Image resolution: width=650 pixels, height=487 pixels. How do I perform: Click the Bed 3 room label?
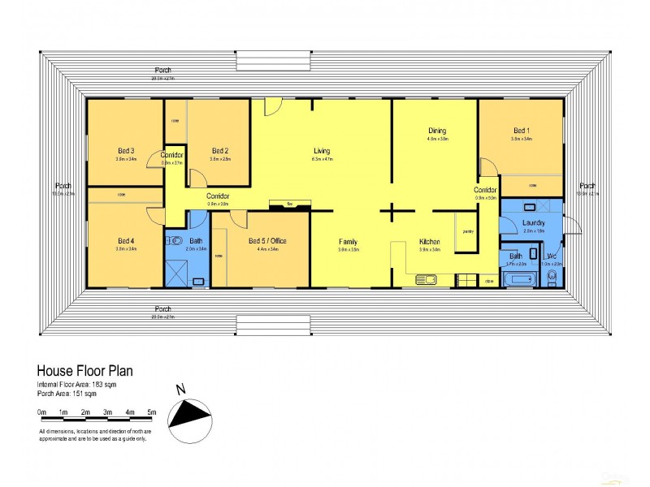tap(125, 150)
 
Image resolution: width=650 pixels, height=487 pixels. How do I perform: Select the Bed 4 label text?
tap(125, 240)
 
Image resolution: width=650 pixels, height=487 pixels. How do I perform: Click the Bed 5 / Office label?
tap(267, 241)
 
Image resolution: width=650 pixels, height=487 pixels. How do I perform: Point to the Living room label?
tap(322, 151)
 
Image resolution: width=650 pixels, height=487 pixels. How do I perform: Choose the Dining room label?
tap(437, 131)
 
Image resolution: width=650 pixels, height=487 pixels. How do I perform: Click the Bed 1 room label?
tap(521, 131)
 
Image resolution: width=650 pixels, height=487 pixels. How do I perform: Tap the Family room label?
tap(348, 242)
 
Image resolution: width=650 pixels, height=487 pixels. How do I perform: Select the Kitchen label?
tap(429, 242)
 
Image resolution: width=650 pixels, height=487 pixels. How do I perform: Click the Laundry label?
tap(533, 222)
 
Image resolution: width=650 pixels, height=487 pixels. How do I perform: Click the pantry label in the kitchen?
tap(468, 232)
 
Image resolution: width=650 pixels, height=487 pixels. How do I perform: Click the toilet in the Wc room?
tap(552, 278)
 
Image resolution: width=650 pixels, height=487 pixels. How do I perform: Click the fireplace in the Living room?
tap(288, 205)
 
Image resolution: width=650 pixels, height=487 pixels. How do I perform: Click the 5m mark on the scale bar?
tap(151, 412)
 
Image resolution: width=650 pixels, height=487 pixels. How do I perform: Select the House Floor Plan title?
tap(84, 371)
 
